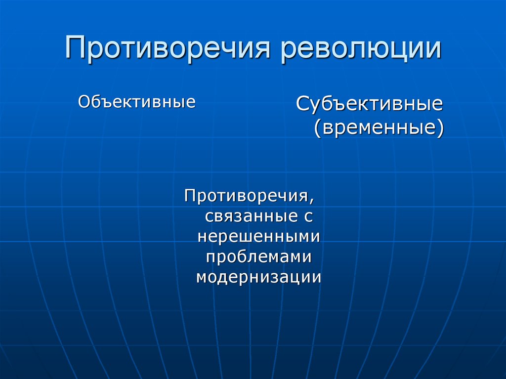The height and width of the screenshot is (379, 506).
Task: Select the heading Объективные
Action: (137, 102)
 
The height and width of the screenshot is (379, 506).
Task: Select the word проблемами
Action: (259, 256)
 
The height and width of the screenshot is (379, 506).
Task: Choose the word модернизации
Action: (259, 277)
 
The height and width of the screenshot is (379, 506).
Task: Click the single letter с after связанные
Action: (307, 217)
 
